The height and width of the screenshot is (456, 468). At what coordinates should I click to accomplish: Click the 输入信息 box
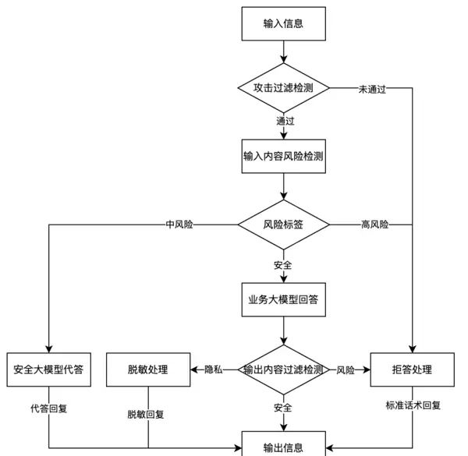point(283,23)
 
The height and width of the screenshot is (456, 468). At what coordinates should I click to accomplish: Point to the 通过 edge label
point(285,121)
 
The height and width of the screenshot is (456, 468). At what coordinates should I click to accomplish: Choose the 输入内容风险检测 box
point(283,156)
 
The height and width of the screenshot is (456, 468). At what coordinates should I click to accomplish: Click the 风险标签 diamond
point(283,224)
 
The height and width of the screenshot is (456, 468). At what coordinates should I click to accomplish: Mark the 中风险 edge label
point(179,224)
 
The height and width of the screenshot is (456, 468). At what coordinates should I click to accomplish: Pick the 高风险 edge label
point(375,224)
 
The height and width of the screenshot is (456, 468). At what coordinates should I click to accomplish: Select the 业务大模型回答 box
point(283,299)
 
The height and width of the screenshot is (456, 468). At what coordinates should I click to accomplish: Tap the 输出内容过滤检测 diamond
point(283,369)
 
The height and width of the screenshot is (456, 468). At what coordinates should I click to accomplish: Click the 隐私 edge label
point(214,369)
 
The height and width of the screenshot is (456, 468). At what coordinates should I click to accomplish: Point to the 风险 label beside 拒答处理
point(346,369)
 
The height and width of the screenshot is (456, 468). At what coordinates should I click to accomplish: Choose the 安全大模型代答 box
point(48,369)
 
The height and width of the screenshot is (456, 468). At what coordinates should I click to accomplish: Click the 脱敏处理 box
point(148,369)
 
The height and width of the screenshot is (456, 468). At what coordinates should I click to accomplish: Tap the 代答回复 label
point(49,408)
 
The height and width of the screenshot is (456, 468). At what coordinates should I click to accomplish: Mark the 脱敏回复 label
point(147,414)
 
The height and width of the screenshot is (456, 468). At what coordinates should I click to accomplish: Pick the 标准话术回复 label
point(413,405)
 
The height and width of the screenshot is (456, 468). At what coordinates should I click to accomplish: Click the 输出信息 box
point(283,446)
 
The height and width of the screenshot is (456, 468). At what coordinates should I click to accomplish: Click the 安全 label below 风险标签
point(283,265)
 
